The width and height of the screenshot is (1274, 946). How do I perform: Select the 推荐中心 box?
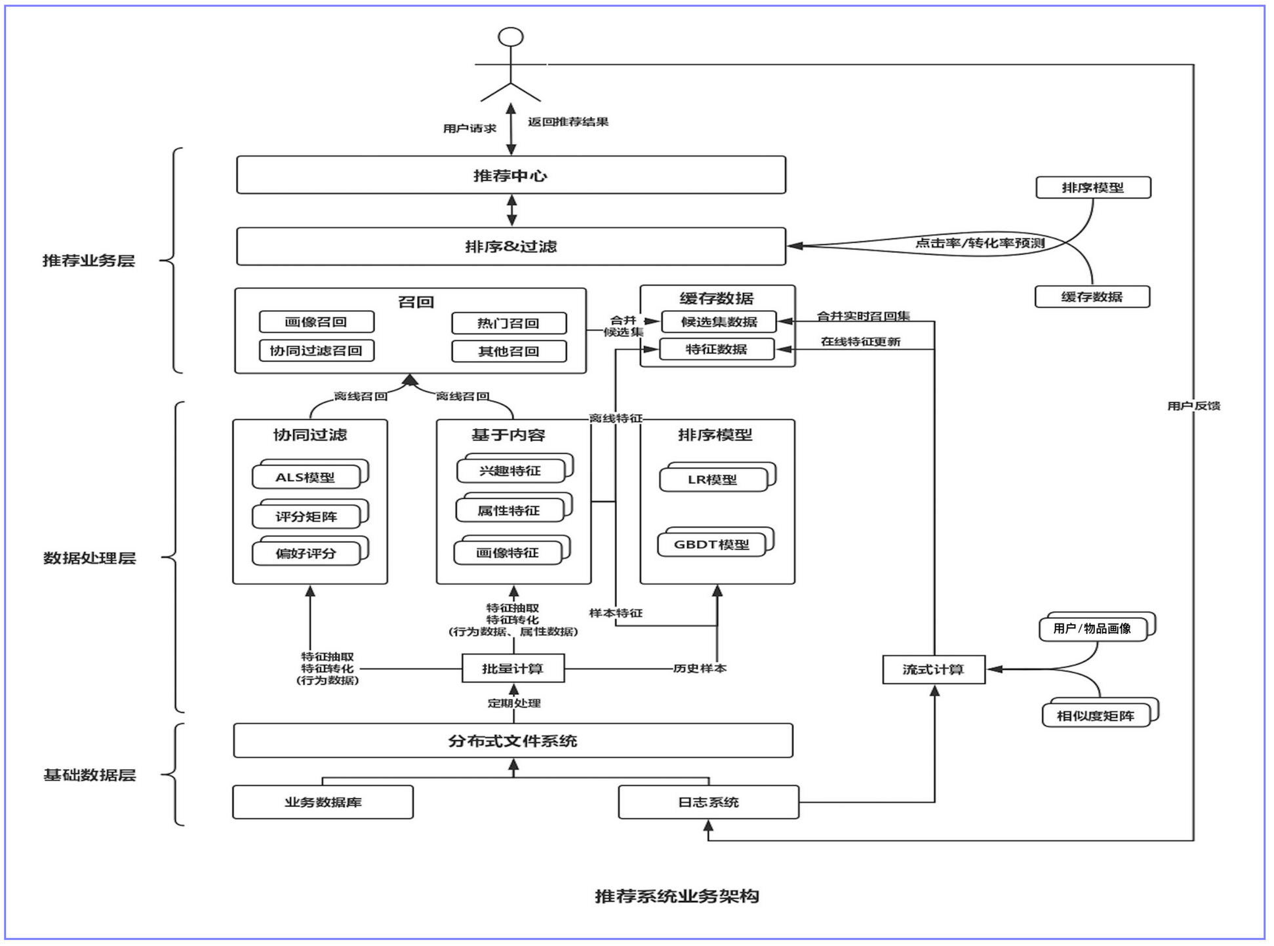pyautogui.click(x=511, y=175)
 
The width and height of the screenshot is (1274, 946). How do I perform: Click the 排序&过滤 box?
pyautogui.click(x=511, y=246)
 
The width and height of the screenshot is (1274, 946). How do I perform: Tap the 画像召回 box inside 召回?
pyautogui.click(x=317, y=322)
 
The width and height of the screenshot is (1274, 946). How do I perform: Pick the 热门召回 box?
pyautogui.click(x=509, y=323)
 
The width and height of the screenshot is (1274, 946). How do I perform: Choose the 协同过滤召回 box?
pyautogui.click(x=317, y=351)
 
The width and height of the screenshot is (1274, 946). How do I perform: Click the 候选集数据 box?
pyautogui.click(x=719, y=322)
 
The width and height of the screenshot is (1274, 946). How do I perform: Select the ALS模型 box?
pyautogui.click(x=309, y=474)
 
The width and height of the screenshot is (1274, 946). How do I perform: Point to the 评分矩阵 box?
pyautogui.click(x=309, y=514)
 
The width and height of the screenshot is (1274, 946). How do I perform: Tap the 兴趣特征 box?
pyautogui.click(x=514, y=468)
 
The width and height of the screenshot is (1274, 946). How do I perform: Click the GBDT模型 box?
pyautogui.click(x=715, y=542)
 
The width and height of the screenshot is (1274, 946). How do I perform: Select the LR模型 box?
pyautogui.click(x=717, y=477)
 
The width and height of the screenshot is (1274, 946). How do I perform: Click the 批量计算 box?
pyautogui.click(x=513, y=669)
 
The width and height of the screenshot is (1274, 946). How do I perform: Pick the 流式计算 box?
pyautogui.click(x=934, y=669)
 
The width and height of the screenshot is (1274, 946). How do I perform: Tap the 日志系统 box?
pyautogui.click(x=708, y=802)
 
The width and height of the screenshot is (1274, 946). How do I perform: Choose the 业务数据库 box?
pyautogui.click(x=323, y=802)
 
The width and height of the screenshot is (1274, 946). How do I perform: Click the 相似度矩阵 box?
pyautogui.click(x=1100, y=713)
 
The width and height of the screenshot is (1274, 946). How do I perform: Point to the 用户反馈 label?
pyautogui.click(x=1193, y=406)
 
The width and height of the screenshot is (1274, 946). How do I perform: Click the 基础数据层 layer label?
pyautogui.click(x=89, y=775)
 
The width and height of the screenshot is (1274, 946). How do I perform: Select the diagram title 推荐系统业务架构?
pyautogui.click(x=677, y=896)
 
